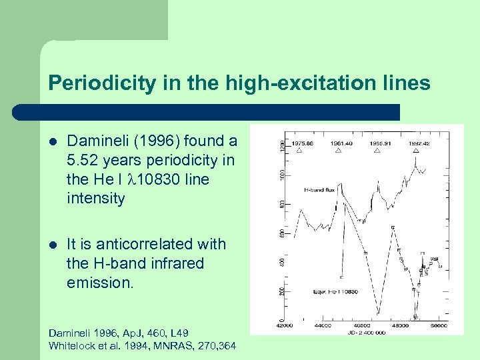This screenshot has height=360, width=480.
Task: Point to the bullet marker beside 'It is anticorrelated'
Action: click(53, 245)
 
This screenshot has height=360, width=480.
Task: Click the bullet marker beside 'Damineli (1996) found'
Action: click(53, 141)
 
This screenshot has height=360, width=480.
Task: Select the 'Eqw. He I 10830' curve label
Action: click(335, 292)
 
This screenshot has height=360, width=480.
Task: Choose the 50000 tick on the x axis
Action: click(437, 326)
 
